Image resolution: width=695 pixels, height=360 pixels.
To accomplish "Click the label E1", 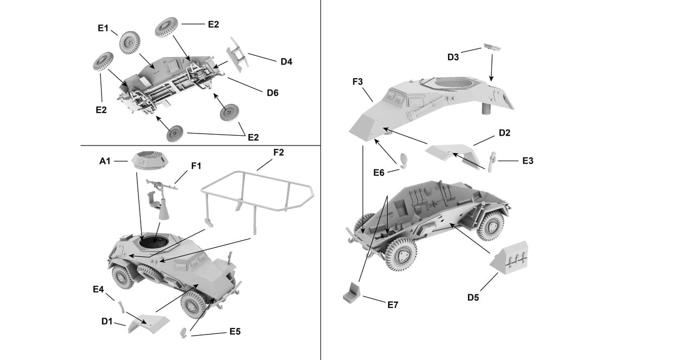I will coord(104,28).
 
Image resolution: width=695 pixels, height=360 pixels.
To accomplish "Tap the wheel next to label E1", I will coord(130,42).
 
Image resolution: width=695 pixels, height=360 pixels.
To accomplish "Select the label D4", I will coord(287,61).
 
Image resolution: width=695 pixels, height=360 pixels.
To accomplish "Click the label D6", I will coord(273,93).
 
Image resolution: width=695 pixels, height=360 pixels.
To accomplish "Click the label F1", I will coord(195,166).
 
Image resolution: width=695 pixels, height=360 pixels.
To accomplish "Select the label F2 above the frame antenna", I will coord(278,153).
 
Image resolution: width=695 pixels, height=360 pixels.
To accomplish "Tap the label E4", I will coord(98,289).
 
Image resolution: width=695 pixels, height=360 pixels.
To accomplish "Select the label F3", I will coord(358,82).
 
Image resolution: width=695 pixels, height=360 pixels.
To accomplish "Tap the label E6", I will coord(379,173).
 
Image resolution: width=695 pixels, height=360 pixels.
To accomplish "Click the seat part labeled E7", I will coord(353,294).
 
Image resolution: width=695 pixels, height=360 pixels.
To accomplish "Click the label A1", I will coord(105,161).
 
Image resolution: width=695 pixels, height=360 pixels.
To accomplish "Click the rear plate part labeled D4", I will coord(237,54).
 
